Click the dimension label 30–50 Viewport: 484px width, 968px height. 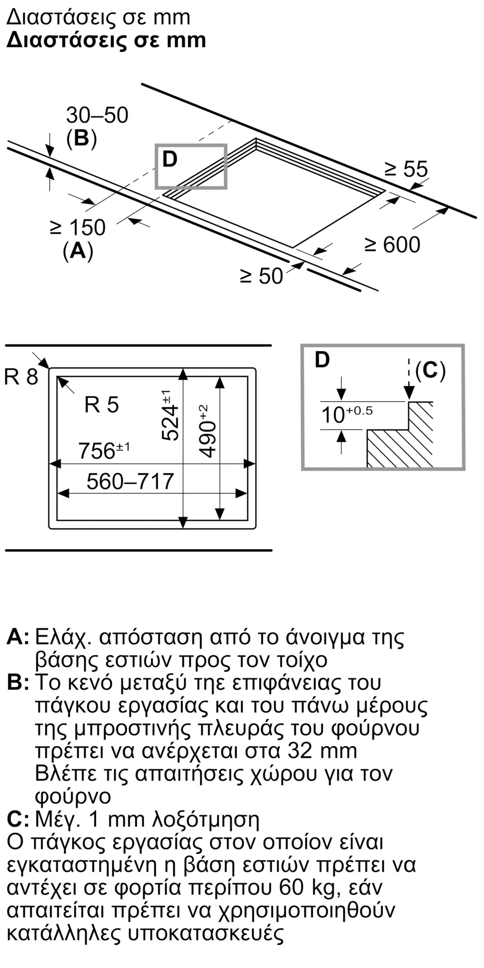(x=97, y=115)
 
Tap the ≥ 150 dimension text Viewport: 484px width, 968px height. (x=78, y=228)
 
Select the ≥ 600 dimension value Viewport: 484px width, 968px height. (x=393, y=245)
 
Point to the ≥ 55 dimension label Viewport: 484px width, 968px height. (x=407, y=169)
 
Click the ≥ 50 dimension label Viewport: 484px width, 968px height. (x=262, y=276)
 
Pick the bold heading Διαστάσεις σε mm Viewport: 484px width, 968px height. (x=106, y=40)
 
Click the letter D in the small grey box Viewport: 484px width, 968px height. (x=170, y=159)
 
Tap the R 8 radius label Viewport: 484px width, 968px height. (x=21, y=377)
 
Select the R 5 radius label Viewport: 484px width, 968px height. (x=101, y=405)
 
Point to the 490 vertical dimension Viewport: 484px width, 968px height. (x=207, y=431)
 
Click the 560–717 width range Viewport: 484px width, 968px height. (x=130, y=481)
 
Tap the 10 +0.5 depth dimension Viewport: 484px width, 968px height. (x=347, y=414)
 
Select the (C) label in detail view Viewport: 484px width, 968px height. (x=430, y=370)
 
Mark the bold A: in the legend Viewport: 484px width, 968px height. (x=18, y=637)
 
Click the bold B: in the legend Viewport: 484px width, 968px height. (x=18, y=682)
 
